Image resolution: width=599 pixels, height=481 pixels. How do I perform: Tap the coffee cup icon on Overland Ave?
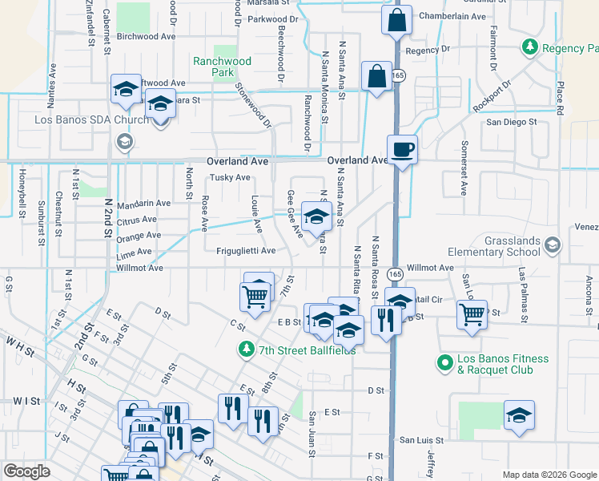point(402,149)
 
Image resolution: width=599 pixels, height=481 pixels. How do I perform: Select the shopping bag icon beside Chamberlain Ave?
point(396,21)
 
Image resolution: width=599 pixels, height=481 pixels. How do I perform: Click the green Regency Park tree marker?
point(529,48)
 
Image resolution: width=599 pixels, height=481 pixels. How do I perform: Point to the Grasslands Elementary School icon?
point(552,244)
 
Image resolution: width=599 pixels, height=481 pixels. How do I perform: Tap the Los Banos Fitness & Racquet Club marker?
point(445,363)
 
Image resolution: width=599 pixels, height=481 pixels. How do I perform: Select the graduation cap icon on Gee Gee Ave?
point(316,216)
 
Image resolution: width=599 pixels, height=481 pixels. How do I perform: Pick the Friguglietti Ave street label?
point(246,251)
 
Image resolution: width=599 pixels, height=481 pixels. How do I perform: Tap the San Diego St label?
point(512,123)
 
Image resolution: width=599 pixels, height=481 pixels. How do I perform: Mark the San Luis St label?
point(421,440)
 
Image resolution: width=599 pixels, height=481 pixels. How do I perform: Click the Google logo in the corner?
point(27,471)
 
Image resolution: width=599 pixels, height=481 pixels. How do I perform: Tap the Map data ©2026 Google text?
point(549,475)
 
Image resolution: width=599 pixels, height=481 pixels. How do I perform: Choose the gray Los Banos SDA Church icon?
point(123,142)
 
